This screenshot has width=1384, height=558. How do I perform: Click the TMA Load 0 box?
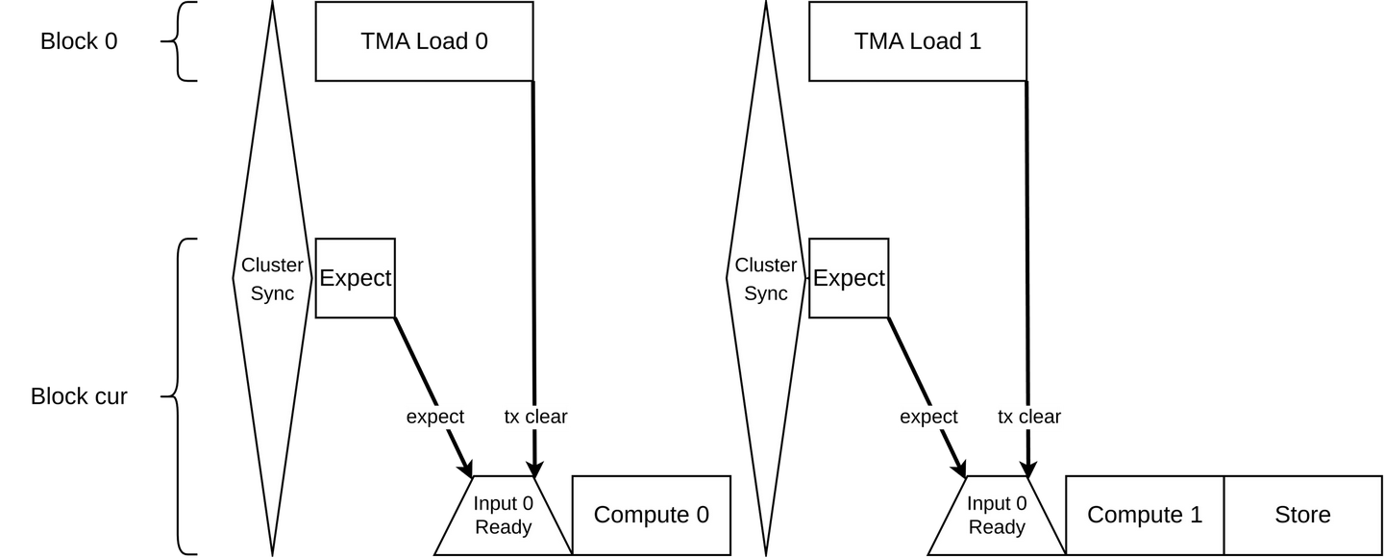click(x=424, y=41)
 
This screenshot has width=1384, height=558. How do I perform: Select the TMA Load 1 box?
click(x=917, y=41)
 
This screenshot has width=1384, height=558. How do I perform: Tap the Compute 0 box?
click(x=652, y=515)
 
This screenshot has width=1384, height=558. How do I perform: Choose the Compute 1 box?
click(x=1145, y=515)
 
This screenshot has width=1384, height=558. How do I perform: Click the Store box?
click(x=1302, y=515)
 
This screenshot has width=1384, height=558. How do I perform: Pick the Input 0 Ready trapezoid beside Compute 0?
click(x=503, y=516)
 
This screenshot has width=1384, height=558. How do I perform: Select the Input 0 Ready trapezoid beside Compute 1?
click(x=997, y=516)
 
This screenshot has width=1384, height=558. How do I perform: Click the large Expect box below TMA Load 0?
click(x=355, y=278)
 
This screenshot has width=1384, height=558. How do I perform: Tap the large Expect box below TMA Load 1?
click(x=849, y=278)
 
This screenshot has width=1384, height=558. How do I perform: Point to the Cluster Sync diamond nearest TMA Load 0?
click(x=272, y=279)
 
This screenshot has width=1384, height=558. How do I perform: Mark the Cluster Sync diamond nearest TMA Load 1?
click(x=766, y=279)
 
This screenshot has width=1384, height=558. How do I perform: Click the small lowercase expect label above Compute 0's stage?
click(x=435, y=417)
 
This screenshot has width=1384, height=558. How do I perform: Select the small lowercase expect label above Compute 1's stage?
click(x=928, y=417)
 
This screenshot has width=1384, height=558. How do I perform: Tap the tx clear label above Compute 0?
click(x=536, y=417)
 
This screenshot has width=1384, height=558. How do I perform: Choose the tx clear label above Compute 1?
click(x=1029, y=417)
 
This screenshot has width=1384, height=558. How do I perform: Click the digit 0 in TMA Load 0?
click(x=481, y=41)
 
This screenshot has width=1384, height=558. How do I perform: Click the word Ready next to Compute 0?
click(x=503, y=527)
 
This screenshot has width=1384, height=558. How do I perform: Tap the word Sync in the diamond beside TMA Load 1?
click(x=766, y=293)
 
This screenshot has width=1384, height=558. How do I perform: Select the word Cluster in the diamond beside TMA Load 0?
click(x=272, y=266)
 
